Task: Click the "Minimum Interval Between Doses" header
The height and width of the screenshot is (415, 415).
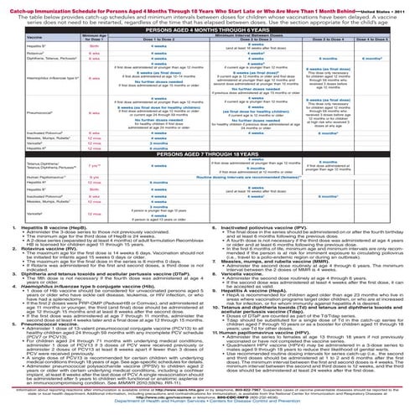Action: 252,34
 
